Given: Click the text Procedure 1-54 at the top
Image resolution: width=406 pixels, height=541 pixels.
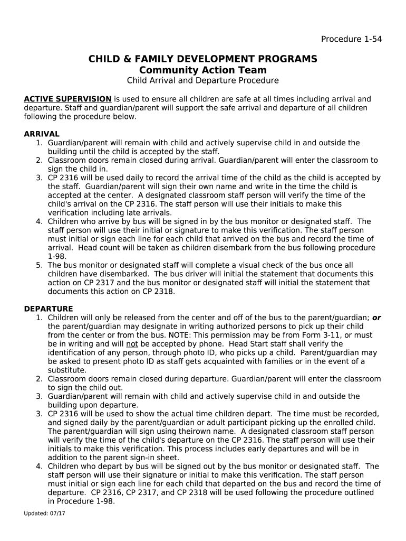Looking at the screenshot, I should (351, 39).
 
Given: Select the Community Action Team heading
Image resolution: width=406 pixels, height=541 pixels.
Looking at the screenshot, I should (203, 70).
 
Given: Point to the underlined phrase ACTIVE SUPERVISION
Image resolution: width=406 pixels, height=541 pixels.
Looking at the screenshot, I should (67, 99).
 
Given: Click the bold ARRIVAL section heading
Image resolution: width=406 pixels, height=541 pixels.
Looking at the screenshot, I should (42, 134).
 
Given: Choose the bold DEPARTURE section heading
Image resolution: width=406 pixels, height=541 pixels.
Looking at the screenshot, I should (49, 309).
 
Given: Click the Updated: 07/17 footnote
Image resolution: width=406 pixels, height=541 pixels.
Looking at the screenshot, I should (44, 514).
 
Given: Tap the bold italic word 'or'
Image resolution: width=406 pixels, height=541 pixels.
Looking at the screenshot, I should (376, 318).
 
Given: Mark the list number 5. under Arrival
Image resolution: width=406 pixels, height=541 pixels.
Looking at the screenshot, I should (39, 265).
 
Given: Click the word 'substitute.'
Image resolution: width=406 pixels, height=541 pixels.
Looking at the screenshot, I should (67, 370).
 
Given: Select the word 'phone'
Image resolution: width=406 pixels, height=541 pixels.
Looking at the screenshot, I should (207, 344).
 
